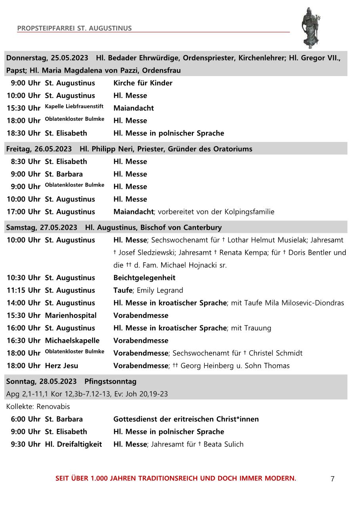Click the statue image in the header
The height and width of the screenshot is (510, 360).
click(x=310, y=27)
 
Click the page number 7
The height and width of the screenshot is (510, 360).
click(x=332, y=479)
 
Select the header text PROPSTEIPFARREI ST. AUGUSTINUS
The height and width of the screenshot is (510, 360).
click(x=74, y=28)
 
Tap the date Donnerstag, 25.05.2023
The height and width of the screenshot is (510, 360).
click(x=47, y=58)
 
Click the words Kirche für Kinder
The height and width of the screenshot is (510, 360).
click(x=143, y=83)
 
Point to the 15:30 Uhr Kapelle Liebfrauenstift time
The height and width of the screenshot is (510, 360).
click(x=23, y=108)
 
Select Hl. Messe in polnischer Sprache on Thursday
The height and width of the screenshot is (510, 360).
click(x=168, y=133)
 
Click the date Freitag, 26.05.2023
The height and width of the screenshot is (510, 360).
click(x=39, y=149)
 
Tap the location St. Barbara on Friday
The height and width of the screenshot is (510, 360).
click(x=64, y=174)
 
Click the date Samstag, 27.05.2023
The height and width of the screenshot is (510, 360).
click(x=42, y=227)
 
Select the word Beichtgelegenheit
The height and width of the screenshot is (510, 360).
click(x=144, y=278)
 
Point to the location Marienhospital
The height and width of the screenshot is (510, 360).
click(x=70, y=315)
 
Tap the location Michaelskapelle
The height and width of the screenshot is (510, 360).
click(x=72, y=340)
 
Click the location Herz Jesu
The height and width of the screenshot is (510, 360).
click(x=61, y=366)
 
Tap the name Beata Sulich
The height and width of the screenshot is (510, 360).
click(x=223, y=444)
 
